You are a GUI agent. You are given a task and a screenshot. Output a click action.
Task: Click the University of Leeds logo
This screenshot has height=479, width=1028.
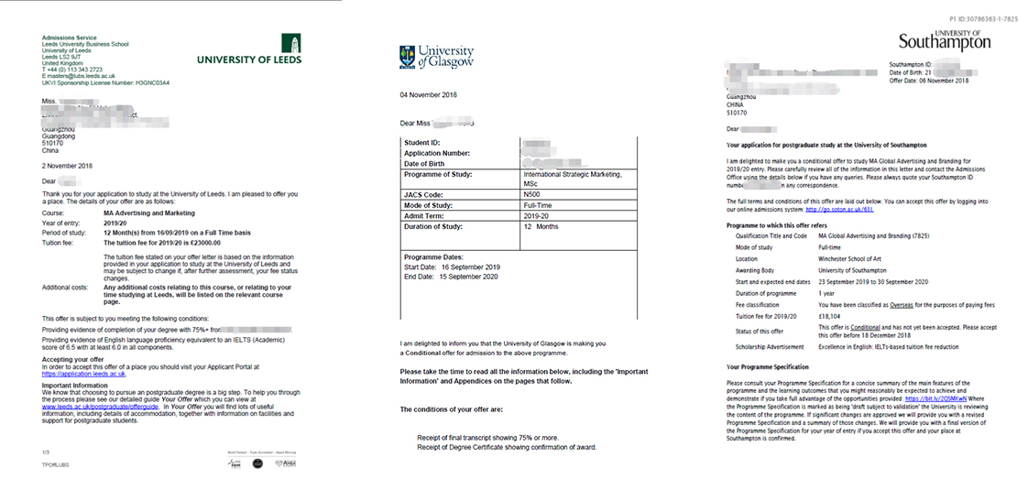click(249, 51)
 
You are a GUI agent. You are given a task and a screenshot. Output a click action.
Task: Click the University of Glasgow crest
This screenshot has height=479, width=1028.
click(408, 57)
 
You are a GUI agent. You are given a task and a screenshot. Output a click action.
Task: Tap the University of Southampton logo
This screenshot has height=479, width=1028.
click(944, 38)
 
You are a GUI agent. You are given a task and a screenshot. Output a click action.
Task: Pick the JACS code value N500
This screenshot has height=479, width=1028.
click(531, 196)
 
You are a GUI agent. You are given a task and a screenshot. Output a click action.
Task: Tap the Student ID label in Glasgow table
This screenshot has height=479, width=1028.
click(422, 143)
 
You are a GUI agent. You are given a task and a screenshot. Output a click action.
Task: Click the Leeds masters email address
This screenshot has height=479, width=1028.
click(82, 76)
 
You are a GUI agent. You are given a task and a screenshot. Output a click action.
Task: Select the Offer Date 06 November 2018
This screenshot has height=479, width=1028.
click(929, 81)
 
